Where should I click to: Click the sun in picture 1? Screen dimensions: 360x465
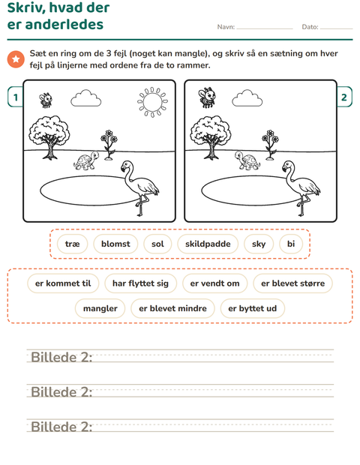click(x=152, y=102)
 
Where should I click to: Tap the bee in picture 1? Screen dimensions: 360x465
click(x=46, y=100)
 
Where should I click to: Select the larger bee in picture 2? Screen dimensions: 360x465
click(x=207, y=97)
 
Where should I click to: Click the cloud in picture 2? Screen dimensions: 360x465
click(x=247, y=98)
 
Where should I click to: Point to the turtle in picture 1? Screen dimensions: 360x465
click(x=86, y=160)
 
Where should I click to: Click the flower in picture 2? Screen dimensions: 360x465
click(x=270, y=145)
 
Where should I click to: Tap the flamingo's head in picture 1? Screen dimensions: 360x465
click(x=127, y=166)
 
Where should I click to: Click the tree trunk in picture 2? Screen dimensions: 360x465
click(x=211, y=149)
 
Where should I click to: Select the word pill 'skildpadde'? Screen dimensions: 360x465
click(x=208, y=244)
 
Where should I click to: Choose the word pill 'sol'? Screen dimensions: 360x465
click(x=157, y=244)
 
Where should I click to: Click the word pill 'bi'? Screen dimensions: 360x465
click(x=291, y=244)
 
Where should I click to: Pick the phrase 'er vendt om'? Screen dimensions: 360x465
click(x=214, y=283)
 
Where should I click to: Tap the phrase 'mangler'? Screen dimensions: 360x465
click(x=100, y=308)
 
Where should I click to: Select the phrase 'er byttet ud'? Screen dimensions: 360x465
click(x=252, y=308)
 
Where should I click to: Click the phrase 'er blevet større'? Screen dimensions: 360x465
click(x=292, y=283)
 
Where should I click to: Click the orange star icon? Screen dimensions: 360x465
click(x=16, y=59)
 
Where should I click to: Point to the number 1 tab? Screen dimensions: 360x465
click(x=16, y=97)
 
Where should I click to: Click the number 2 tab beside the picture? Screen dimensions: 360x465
click(x=344, y=97)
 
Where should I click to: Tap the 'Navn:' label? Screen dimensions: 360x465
click(x=226, y=27)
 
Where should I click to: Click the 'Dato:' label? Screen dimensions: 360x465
click(x=310, y=27)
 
